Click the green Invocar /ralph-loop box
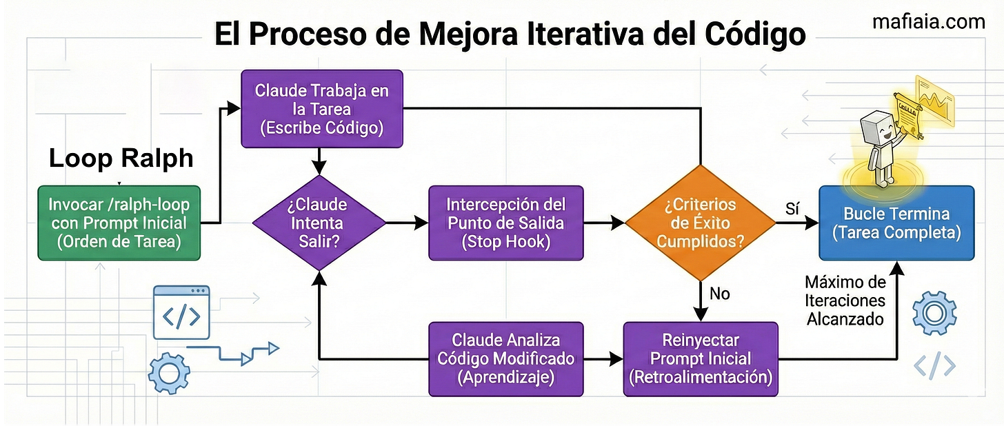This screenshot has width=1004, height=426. click(x=119, y=223)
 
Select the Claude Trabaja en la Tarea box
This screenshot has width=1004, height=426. click(x=321, y=108)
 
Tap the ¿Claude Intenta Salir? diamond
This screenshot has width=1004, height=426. click(x=319, y=223)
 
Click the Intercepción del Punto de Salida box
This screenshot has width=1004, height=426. click(x=505, y=223)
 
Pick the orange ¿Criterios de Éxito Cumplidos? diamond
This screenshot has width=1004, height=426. click(x=700, y=222)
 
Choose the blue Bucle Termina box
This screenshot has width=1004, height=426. click(x=896, y=223)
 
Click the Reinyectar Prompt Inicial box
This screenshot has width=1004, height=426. click(x=700, y=358)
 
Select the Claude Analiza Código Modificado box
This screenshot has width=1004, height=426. click(x=505, y=358)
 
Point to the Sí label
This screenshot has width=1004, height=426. click(x=792, y=207)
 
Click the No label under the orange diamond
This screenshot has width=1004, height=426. click(x=719, y=294)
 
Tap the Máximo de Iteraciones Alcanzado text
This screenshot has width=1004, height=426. click(x=845, y=301)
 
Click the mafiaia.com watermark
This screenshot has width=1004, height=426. click(x=928, y=22)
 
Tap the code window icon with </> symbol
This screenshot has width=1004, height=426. click(x=181, y=314)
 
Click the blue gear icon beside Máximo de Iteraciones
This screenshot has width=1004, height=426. click(x=934, y=314)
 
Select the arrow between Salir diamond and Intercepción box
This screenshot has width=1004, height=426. click(x=407, y=223)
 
